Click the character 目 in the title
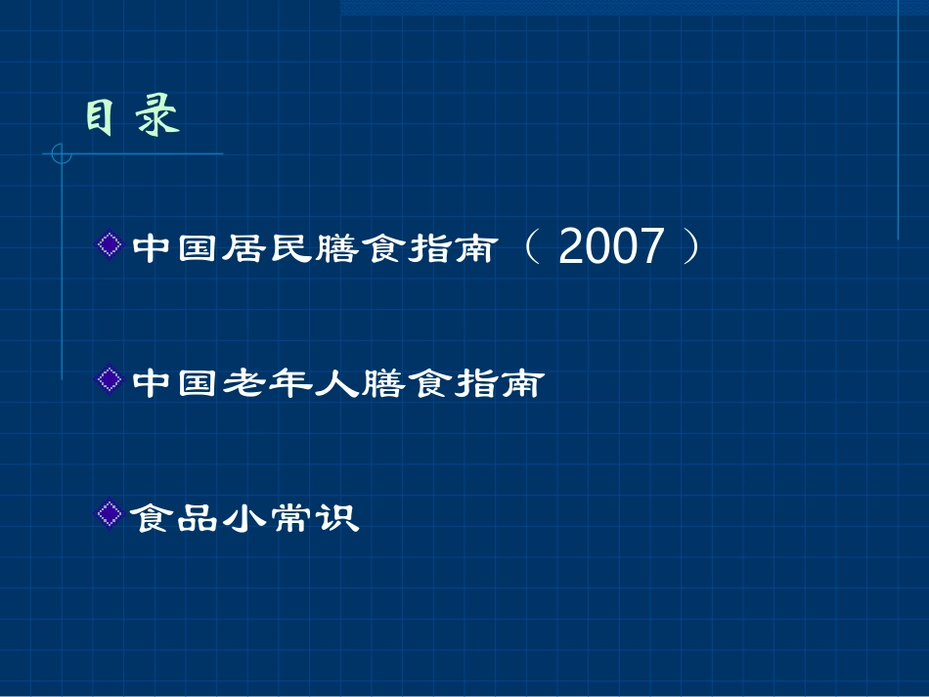[x=98, y=118]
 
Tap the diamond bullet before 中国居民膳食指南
[x=111, y=242]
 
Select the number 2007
[x=611, y=247]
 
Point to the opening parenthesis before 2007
[x=531, y=247]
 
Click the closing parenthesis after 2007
[x=691, y=247]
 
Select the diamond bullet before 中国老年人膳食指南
[x=111, y=378]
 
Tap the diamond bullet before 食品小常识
[x=111, y=511]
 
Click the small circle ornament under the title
[x=62, y=153]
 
